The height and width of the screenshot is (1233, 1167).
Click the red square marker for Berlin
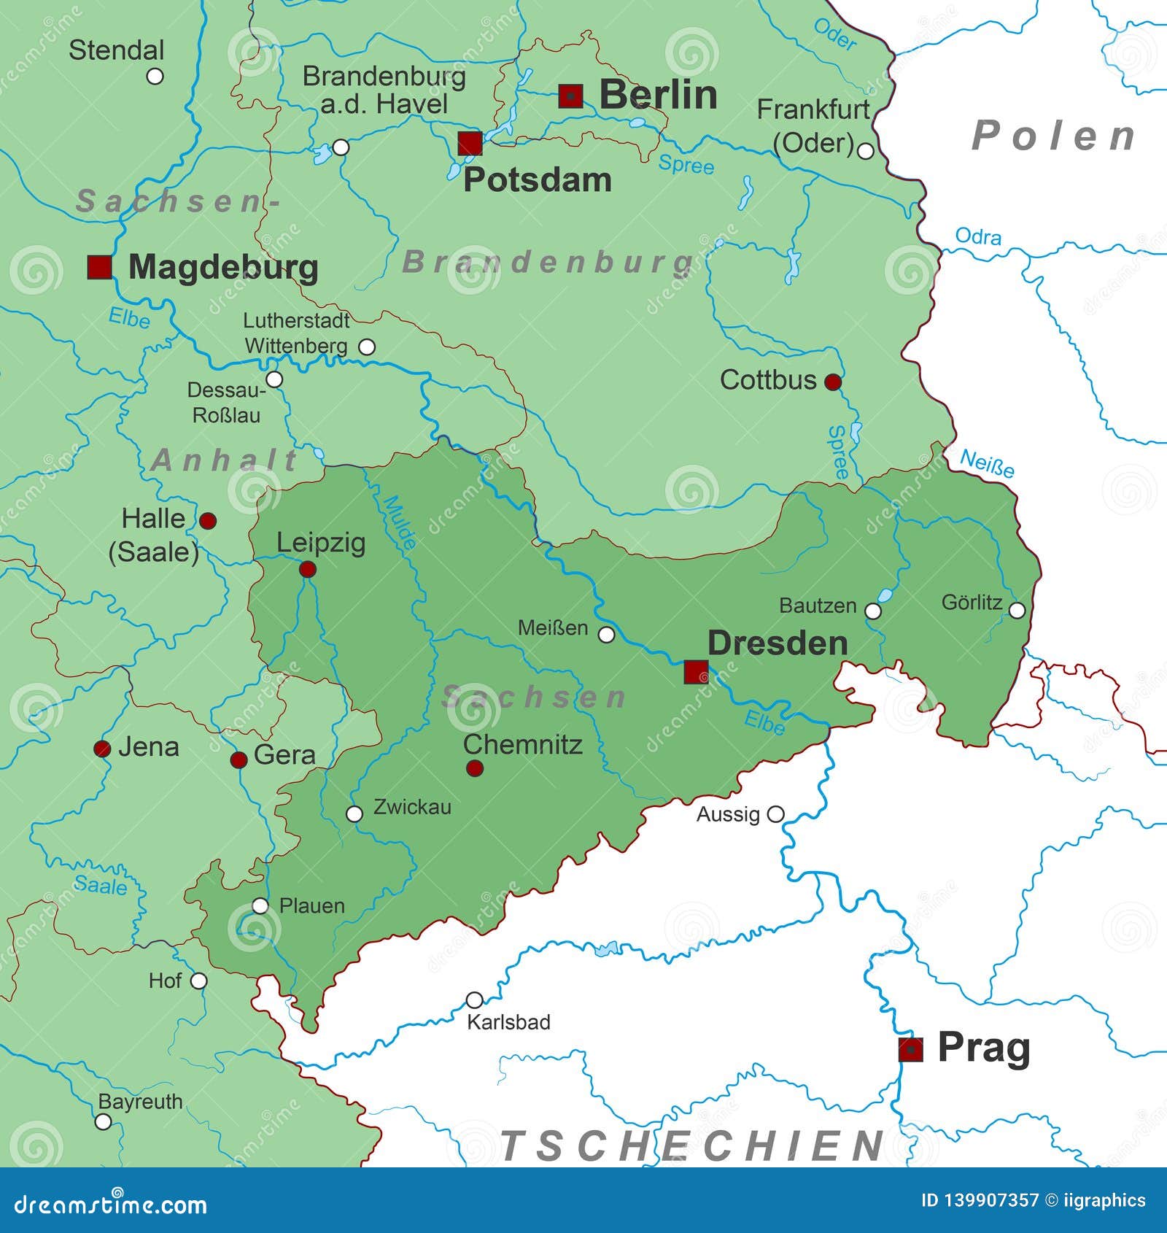tap(570, 96)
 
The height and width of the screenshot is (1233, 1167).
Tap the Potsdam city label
tap(538, 180)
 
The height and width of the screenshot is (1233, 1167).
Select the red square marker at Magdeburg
tap(99, 267)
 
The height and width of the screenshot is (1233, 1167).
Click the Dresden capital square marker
tap(696, 672)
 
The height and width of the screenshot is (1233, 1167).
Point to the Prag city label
tap(983, 1048)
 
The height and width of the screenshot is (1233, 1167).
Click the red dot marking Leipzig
tap(307, 569)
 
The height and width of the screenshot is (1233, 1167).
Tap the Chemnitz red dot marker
tap(474, 768)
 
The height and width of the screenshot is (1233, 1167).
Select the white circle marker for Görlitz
tap(1017, 610)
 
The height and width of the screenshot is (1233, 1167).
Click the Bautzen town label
tap(818, 606)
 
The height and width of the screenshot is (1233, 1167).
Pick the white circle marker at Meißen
tap(606, 635)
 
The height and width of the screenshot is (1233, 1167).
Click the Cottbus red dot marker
tap(833, 382)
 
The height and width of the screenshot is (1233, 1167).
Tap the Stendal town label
tap(117, 50)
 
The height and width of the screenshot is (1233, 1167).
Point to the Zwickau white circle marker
tap(354, 814)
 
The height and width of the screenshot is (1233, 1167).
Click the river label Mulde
tap(400, 522)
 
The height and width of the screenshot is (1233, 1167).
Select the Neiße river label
tap(986, 463)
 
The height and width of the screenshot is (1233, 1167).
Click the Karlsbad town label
tap(508, 1022)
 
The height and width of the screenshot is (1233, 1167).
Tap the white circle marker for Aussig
tap(777, 813)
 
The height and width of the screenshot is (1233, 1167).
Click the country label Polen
tap(1054, 136)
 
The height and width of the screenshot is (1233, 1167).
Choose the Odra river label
tap(978, 236)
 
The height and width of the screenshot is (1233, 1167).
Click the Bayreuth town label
tap(140, 1102)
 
